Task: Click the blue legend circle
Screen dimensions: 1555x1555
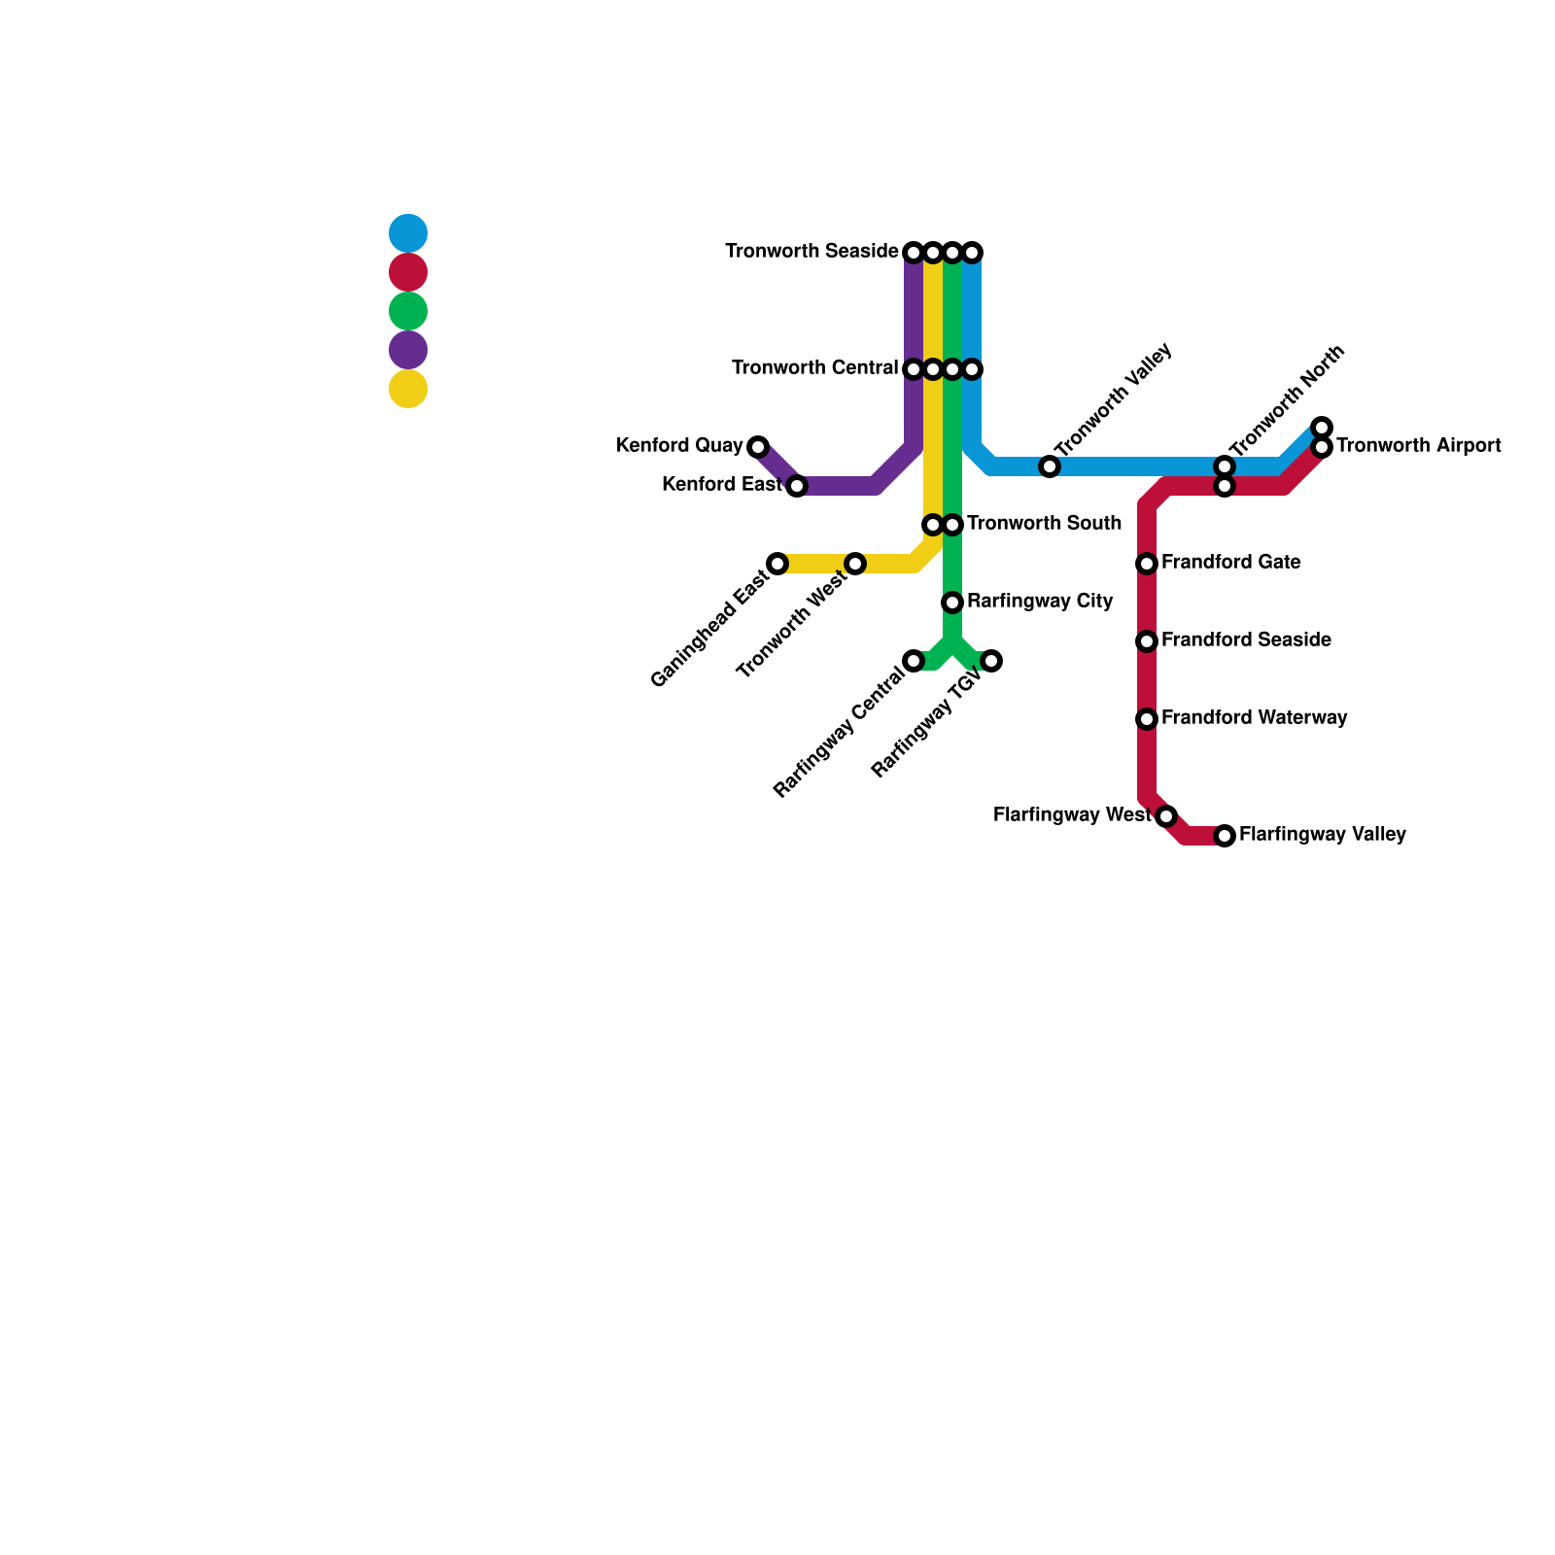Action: [x=408, y=233]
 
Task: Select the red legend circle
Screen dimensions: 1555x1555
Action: [x=408, y=272]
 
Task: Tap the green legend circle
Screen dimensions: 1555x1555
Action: [x=408, y=311]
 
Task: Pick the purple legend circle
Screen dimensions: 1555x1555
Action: [x=408, y=350]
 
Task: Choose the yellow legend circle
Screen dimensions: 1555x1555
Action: [x=408, y=389]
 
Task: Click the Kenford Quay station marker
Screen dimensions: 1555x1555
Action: [x=758, y=447]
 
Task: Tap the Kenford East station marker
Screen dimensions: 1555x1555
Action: [x=797, y=486]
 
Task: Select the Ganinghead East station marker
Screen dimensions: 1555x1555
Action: [x=777, y=564]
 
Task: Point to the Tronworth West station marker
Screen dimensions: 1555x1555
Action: [x=855, y=564]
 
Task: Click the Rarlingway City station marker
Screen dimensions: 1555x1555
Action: [x=952, y=603]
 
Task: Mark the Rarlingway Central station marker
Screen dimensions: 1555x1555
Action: [x=914, y=661]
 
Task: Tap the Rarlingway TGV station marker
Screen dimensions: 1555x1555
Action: [x=991, y=661]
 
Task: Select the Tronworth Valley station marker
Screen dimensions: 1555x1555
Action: [x=1050, y=466]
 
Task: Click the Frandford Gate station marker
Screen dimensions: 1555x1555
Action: [x=1147, y=564]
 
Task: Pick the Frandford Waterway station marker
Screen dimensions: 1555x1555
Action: [x=1147, y=719]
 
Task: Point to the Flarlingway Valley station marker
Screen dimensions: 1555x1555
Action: [x=1225, y=836]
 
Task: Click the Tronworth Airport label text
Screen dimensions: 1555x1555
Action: [x=1418, y=446]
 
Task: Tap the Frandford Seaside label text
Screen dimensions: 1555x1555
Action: [x=1246, y=640]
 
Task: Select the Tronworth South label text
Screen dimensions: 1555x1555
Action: [x=1044, y=524]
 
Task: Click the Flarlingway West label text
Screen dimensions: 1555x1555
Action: [x=1071, y=815]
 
